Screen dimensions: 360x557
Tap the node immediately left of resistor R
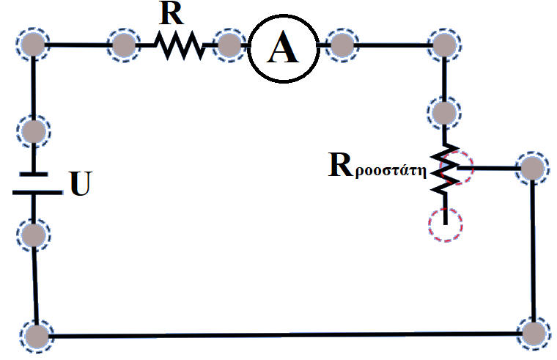tap(123, 45)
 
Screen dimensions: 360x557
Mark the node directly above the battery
tap(33, 132)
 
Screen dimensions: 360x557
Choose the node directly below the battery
tap(34, 235)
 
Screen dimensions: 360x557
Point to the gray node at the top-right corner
tap(443, 45)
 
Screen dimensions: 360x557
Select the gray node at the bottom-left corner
tap(35, 336)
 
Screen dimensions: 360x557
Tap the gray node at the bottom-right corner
tap(533, 331)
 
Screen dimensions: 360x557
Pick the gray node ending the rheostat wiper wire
tap(532, 168)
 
